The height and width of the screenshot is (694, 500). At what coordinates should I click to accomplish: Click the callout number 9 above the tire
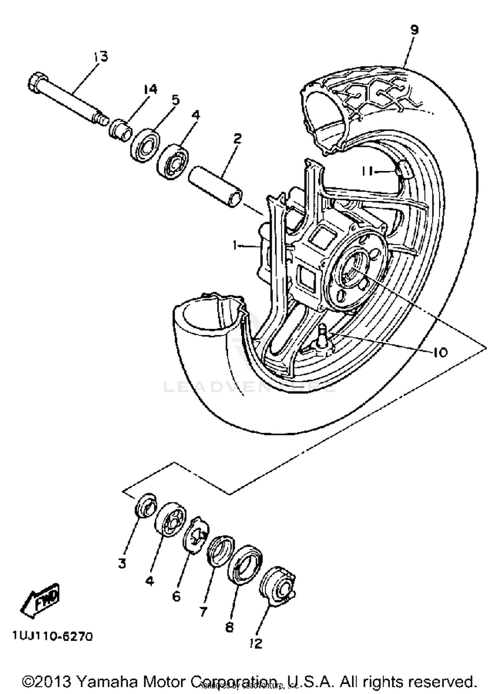coord(414,31)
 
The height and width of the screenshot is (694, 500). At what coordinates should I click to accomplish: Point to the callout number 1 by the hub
coord(236,246)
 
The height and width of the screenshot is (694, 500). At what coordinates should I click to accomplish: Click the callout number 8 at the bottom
coord(229,627)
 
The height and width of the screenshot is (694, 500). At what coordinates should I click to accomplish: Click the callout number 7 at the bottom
coord(203,611)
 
